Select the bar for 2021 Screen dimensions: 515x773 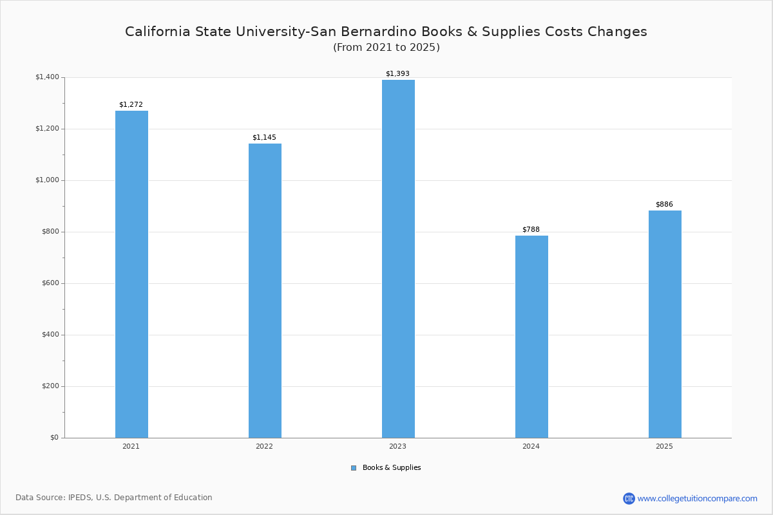point(131,274)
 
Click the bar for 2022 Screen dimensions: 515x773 point(265,290)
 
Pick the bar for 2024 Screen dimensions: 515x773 point(531,337)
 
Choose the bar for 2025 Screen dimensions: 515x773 point(665,324)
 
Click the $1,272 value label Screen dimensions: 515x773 point(131,104)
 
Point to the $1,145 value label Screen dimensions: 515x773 point(264,137)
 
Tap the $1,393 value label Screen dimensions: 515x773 point(397,73)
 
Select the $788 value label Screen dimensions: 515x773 point(531,229)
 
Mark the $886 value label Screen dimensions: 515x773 point(664,204)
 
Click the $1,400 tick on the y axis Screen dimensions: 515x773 point(47,77)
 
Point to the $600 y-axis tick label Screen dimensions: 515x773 point(50,283)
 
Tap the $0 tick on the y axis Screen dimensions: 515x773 point(54,438)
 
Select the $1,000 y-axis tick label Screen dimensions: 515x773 point(47,180)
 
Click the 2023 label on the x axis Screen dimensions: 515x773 point(397,446)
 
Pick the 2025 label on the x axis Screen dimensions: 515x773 point(664,446)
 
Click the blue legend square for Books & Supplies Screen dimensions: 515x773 point(354,468)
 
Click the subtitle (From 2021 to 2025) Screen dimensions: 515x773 point(386,48)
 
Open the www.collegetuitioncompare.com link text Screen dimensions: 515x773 point(697,498)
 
